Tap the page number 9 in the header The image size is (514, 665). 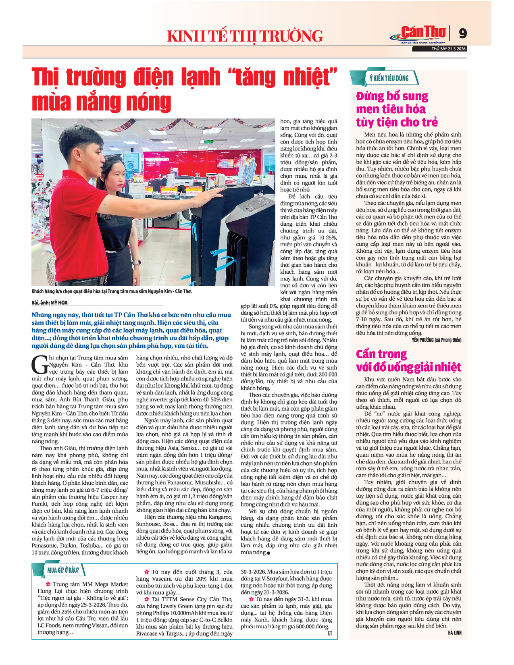pos(463,33)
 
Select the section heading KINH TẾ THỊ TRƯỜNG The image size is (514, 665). pos(245,36)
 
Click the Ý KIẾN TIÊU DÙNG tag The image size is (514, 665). pos(389,78)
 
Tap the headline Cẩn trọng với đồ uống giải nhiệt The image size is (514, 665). pos(408,360)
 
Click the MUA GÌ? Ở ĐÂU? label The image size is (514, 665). pos(62,570)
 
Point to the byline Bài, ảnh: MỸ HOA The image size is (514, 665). pos(50,302)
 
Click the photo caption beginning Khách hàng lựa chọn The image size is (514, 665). pos(112,291)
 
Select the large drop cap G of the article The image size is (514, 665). pos(40,365)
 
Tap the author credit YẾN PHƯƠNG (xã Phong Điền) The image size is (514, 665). pos(436,340)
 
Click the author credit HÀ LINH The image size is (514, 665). pos(454,633)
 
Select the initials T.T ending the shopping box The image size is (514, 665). pos(329,634)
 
